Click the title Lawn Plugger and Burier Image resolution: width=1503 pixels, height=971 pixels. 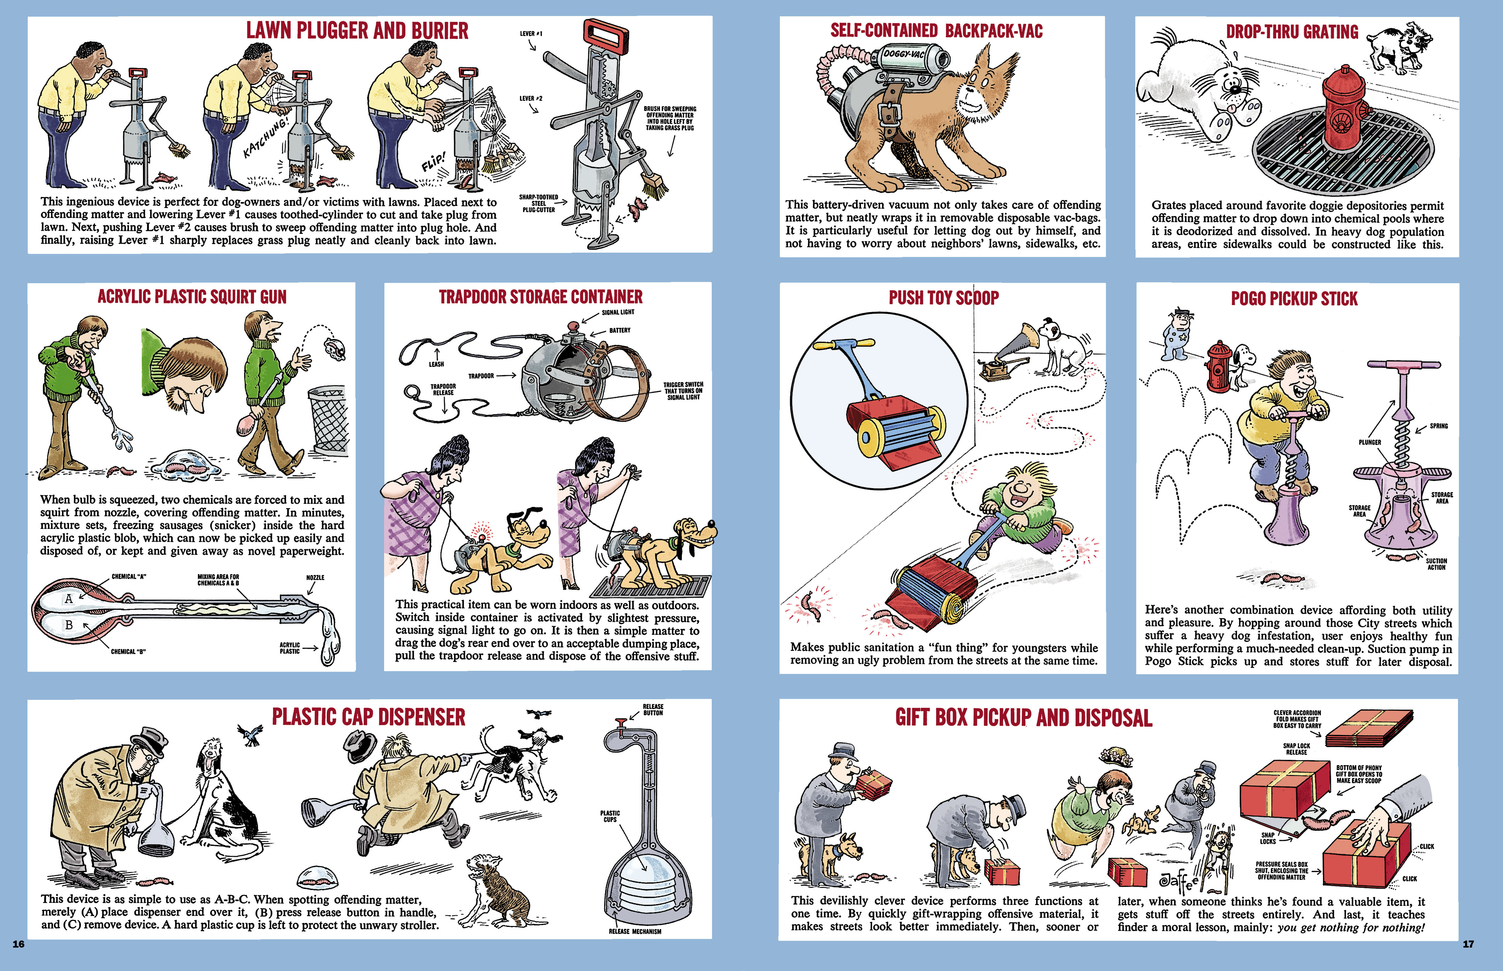pos(357,30)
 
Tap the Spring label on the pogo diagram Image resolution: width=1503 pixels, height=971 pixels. pos(1439,426)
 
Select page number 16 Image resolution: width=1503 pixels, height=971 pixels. pos(18,944)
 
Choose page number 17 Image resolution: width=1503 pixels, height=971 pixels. pos(1468,944)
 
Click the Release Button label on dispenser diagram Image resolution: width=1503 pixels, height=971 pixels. pos(653,710)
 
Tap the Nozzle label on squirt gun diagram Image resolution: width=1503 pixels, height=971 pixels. pos(315,578)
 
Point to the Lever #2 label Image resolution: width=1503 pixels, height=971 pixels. pos(530,98)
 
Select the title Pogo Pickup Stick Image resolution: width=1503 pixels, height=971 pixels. pos(1294,298)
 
